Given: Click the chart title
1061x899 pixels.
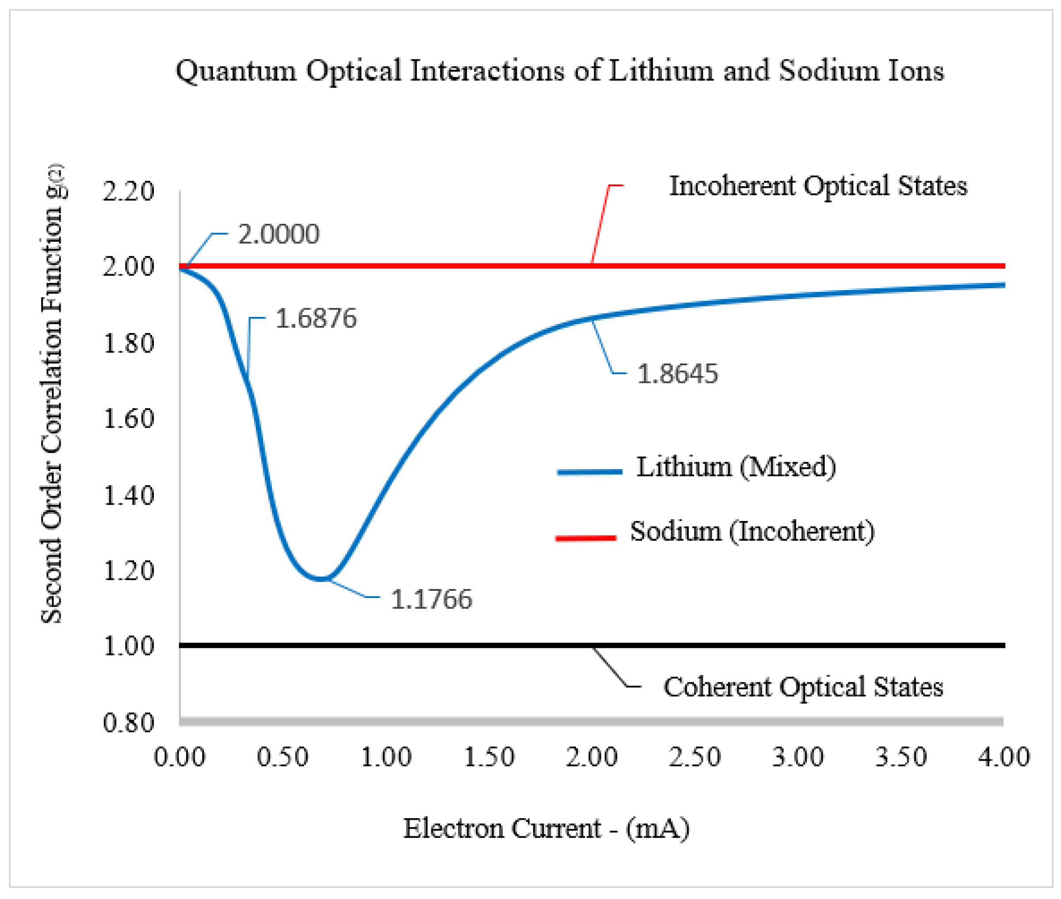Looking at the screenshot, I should click(x=559, y=70).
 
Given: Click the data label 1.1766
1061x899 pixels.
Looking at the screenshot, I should click(x=431, y=599).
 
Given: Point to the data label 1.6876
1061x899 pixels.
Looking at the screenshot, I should click(x=316, y=318).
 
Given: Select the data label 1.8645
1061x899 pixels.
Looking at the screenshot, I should click(x=677, y=374).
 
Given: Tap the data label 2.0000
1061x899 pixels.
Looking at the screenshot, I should click(x=279, y=234).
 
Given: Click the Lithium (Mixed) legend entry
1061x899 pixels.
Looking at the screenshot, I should click(x=736, y=467).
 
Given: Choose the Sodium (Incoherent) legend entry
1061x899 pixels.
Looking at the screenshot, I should click(x=752, y=532).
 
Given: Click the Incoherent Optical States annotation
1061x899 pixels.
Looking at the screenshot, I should click(x=817, y=186).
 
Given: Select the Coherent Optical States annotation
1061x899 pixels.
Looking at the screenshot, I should click(x=803, y=687).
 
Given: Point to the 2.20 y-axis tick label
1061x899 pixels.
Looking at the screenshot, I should click(x=128, y=192).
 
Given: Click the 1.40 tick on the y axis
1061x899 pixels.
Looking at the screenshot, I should click(x=128, y=496).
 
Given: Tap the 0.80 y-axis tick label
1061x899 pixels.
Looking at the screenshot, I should click(x=128, y=723).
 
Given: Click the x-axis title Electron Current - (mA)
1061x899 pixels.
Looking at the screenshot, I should click(x=546, y=828).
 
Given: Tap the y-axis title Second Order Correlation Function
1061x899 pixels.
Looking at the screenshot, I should click(x=52, y=392).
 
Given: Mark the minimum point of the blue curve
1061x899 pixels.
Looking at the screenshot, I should click(x=321, y=578).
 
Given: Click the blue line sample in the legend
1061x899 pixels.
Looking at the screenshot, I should click(x=589, y=472).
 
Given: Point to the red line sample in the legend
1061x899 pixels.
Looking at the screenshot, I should click(x=586, y=538).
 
